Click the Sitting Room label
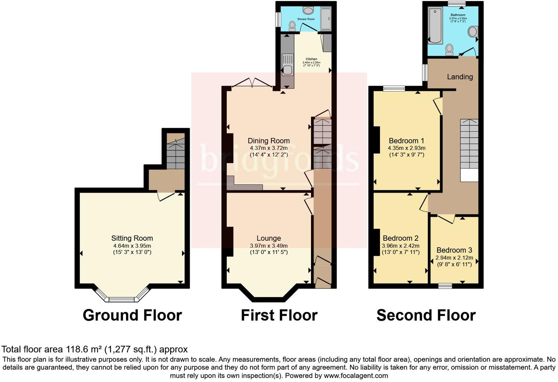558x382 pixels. point(132,238)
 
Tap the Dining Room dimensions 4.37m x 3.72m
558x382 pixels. point(269,148)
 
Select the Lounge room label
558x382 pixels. point(269,238)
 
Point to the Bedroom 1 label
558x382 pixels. point(406,141)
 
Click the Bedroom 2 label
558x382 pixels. point(401,238)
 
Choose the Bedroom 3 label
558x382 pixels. point(454,250)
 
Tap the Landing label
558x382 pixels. point(460,77)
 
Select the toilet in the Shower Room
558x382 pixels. point(292,26)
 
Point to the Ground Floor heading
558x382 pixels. point(132,315)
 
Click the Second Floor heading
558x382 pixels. point(426,315)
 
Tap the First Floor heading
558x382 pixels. point(279,315)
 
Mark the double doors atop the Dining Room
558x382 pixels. point(251,83)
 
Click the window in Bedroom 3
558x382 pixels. point(445,286)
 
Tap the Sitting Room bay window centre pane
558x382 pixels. point(123,299)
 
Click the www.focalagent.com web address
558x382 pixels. point(356,376)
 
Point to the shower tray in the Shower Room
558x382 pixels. point(326,19)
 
